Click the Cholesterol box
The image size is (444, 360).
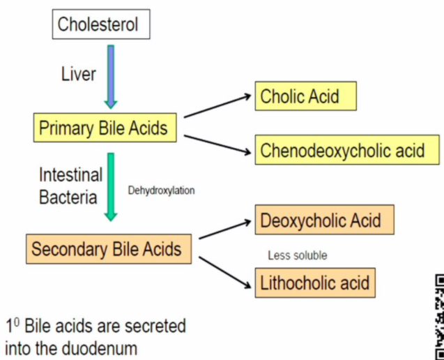[x=98, y=26]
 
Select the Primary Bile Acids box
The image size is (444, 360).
[x=103, y=128]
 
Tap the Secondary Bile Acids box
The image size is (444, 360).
[x=106, y=249]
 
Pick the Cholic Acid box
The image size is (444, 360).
[x=306, y=96]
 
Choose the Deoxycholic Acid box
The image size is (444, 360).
[x=324, y=220]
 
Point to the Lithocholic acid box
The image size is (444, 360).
[x=314, y=283]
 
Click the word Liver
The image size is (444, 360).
[x=79, y=74]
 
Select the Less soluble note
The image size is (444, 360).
[x=297, y=255]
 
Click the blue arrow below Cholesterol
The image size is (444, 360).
[x=110, y=75]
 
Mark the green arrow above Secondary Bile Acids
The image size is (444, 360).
[x=110, y=187]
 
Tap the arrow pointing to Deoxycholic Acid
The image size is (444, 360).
[x=224, y=230]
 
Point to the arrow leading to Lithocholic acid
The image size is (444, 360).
[x=224, y=271]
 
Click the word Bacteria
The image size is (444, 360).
[x=68, y=197]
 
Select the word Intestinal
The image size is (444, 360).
[x=70, y=174]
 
